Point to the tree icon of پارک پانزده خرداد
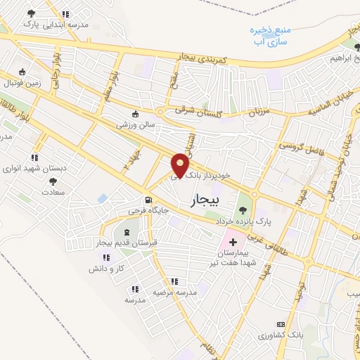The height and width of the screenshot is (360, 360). coord(243,210)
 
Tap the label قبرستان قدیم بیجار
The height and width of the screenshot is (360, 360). coord(125,243)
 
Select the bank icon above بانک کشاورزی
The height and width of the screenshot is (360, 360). coord(281,324)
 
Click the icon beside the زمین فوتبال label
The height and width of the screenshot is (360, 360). coord(22,71)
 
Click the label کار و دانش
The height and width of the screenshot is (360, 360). coord(106,269)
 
